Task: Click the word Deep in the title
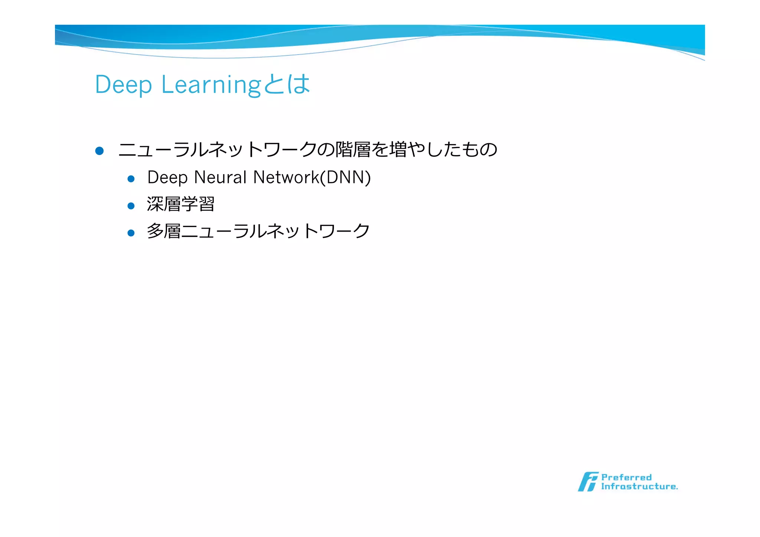[123, 85]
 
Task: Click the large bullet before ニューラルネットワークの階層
[99, 151]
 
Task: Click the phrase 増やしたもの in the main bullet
[442, 150]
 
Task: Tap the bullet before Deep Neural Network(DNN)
[131, 179]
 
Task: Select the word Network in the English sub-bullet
[286, 177]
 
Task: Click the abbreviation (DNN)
[345, 177]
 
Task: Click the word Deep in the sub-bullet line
[167, 177]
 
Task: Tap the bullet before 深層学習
[131, 206]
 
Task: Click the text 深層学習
[181, 204]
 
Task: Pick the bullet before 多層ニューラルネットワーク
[131, 233]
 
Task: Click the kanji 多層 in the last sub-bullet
[164, 231]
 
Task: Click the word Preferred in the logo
[626, 477]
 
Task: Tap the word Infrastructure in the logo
[639, 487]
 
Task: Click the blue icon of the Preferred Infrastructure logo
[588, 482]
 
